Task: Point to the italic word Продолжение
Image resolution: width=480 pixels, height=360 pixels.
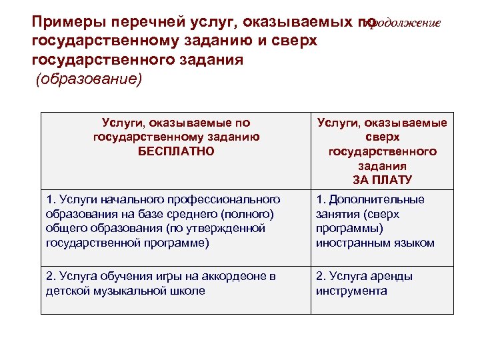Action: [x=401, y=23]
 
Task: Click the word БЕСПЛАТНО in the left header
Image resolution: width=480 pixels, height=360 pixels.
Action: [x=176, y=151]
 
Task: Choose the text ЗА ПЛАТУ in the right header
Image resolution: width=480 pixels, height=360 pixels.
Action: [x=382, y=180]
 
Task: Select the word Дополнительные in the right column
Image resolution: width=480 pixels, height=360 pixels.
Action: [x=377, y=199]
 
